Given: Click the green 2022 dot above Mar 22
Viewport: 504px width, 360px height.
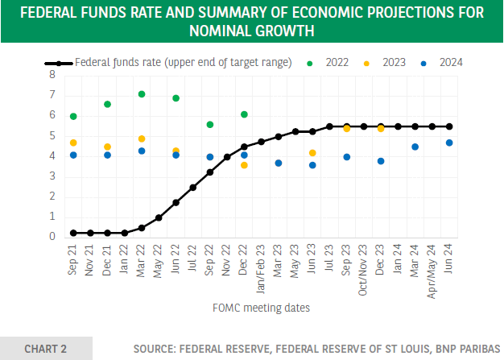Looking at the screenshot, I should coord(142,94).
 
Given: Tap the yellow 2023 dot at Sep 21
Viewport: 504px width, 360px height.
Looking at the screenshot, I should coord(73,143).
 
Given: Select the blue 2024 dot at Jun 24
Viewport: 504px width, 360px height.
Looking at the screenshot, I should coord(449,143).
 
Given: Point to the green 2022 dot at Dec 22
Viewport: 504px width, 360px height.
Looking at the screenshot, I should coord(244,114).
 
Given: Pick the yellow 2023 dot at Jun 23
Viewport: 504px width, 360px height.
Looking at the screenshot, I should coord(312,152).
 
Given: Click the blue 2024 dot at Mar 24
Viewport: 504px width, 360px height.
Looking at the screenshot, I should coord(415,147).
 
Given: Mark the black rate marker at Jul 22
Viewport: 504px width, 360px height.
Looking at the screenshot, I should coord(193,187).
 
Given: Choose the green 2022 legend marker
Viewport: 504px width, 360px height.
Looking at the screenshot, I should coord(311,62).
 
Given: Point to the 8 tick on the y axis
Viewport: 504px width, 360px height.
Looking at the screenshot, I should coord(52,74).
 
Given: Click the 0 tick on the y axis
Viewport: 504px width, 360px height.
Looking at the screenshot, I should coord(52,237).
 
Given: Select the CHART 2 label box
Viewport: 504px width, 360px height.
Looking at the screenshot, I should coord(46,348).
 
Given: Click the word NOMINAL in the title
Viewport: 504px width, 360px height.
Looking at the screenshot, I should coord(223,31).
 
